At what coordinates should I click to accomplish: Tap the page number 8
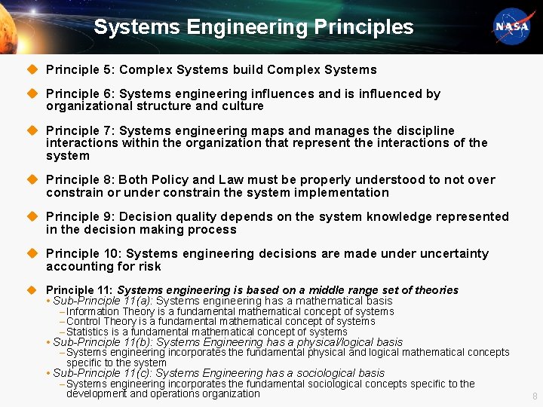tap(535, 396)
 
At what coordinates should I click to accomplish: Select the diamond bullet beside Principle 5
tap(32, 69)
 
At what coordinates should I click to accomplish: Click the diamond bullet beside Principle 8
tap(32, 179)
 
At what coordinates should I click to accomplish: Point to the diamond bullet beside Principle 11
tap(32, 289)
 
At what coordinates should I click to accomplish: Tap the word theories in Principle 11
tap(434, 290)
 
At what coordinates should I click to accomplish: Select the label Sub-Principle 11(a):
tap(103, 301)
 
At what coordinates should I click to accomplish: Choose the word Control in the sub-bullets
tap(84, 321)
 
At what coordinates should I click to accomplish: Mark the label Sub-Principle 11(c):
tap(103, 372)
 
